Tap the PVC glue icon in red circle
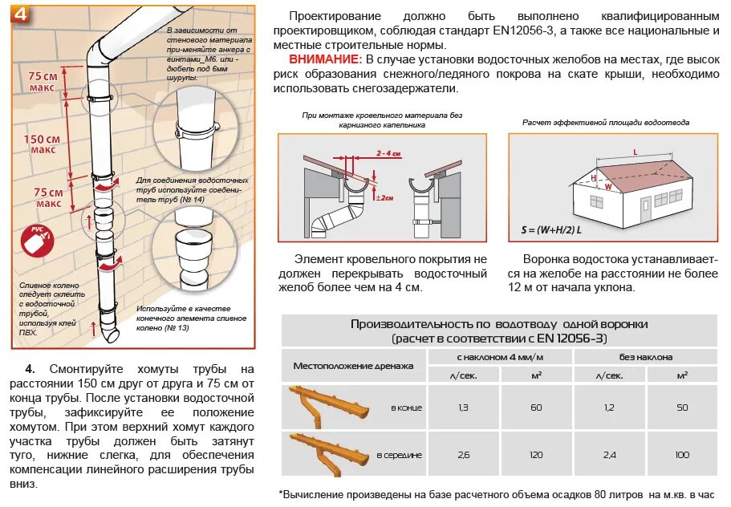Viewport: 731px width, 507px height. click(36, 241)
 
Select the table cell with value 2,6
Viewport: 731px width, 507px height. click(463, 455)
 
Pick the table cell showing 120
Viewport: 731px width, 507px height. click(536, 455)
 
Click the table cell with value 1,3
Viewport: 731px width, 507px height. click(463, 408)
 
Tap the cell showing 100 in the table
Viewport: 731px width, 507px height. click(681, 455)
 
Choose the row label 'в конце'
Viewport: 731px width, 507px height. click(406, 408)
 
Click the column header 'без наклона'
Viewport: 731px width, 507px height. click(645, 356)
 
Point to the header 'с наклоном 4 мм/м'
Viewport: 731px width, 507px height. click(500, 356)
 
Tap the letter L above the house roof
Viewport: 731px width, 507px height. click(635, 151)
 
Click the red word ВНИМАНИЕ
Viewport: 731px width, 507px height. click(325, 59)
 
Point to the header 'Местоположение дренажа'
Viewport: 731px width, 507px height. click(353, 366)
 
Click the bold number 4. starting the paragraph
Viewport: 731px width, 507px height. click(30, 369)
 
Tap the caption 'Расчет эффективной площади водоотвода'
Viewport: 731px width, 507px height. click(606, 123)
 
